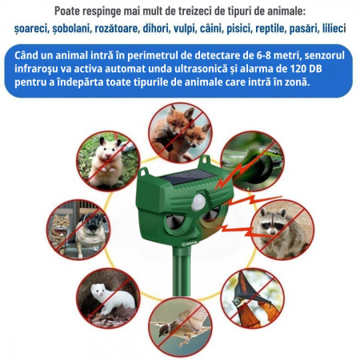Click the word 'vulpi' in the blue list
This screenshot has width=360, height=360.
point(184,29)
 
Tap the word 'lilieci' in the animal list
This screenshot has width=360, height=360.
point(334,28)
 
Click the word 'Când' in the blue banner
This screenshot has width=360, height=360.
point(26,55)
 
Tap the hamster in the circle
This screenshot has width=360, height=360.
point(106,162)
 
